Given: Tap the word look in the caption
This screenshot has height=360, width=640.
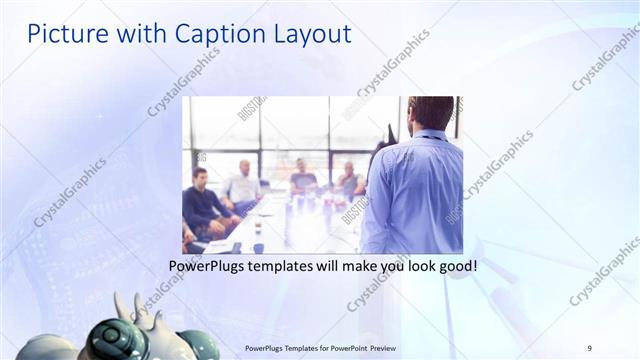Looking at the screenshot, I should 409,268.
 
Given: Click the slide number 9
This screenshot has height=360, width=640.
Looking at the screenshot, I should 589,347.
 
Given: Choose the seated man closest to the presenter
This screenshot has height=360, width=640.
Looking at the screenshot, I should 349,180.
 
